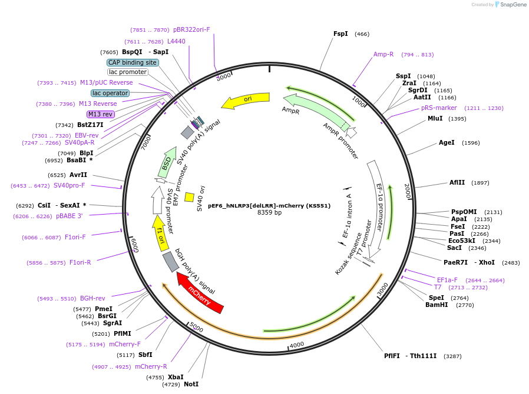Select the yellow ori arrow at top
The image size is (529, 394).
246,100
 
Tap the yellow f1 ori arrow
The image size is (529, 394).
160,233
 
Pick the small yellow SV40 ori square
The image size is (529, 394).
189,197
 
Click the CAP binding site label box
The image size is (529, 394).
133,62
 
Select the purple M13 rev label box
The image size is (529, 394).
101,114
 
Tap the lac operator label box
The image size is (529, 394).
110,93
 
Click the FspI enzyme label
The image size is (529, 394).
340,34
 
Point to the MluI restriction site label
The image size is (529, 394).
435,119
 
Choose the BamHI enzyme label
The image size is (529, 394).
437,305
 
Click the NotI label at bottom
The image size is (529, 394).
191,384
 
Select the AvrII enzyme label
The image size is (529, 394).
78,175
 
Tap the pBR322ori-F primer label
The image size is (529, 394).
191,29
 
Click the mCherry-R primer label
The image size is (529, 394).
151,366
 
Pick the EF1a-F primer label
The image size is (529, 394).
447,280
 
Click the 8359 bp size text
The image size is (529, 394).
269,212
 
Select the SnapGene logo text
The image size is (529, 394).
513,4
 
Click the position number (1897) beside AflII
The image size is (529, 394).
480,183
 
